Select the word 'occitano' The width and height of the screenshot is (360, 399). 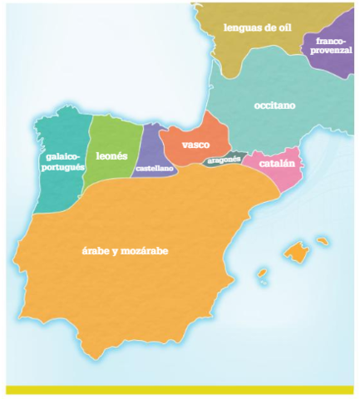pos(274,106)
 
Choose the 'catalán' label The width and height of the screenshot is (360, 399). pos(277,164)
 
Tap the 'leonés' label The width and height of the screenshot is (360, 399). pos(111,155)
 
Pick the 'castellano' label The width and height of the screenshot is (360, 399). pos(155,169)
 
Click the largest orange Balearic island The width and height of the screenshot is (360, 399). pos(296,249)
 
